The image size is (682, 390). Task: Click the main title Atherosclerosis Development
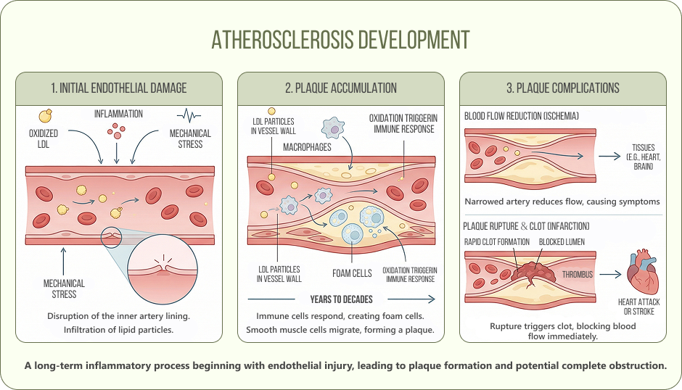tap(340, 39)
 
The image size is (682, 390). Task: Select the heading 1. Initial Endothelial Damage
tap(119, 88)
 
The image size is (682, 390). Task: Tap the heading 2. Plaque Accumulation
tap(341, 88)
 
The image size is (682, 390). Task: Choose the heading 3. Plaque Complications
tap(563, 88)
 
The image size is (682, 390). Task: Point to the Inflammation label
tap(118, 114)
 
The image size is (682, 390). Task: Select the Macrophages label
tap(307, 147)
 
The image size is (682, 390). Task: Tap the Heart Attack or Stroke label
tap(636, 307)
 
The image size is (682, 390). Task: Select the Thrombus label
tap(578, 275)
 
